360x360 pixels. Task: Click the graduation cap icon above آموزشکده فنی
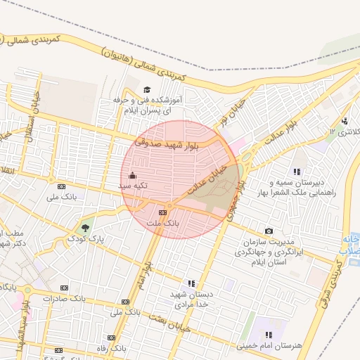(147, 89)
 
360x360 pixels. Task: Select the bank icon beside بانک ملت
(162, 212)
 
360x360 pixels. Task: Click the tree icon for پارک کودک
(85, 227)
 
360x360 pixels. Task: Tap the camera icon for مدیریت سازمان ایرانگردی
(269, 231)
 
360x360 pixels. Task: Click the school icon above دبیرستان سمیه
(297, 172)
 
